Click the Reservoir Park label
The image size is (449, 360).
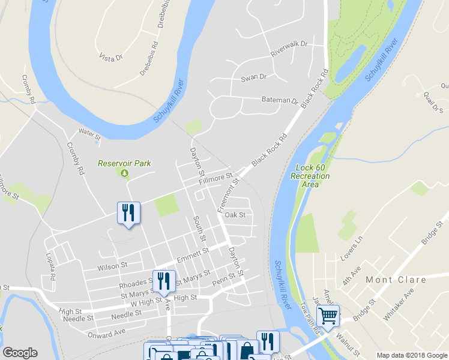[124, 163]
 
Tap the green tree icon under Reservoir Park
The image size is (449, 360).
[124, 173]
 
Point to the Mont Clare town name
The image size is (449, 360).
[396, 280]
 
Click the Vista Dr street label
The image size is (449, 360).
[110, 56]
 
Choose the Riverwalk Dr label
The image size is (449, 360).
[289, 49]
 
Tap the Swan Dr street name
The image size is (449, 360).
[253, 77]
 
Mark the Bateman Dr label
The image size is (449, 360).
[280, 100]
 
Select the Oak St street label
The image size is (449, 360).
[235, 214]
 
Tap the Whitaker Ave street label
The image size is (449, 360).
[399, 303]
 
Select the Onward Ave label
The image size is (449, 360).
[106, 332]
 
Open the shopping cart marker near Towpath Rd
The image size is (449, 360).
[328, 315]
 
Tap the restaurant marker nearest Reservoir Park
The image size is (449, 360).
[128, 213]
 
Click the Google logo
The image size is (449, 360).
[20, 353]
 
